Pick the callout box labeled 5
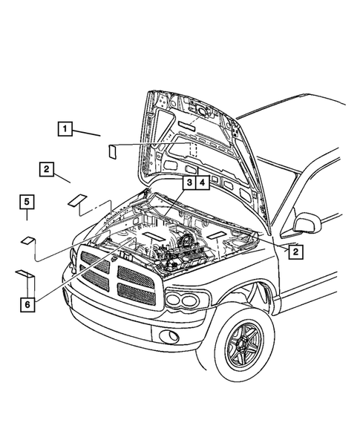(x=26, y=201)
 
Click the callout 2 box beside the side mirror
(x=295, y=252)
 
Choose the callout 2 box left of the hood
(x=46, y=169)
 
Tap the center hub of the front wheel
(x=243, y=352)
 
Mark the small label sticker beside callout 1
(x=112, y=151)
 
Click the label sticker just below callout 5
(x=27, y=240)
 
